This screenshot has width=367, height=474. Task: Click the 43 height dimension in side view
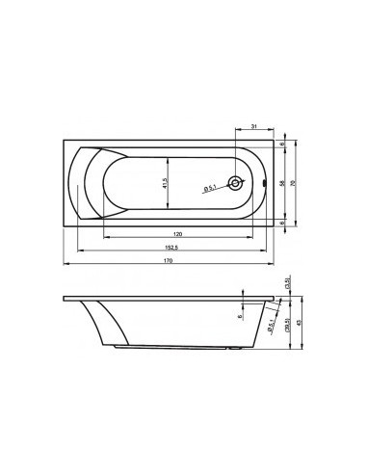(300, 323)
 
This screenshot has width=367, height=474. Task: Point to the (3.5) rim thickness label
(287, 283)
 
